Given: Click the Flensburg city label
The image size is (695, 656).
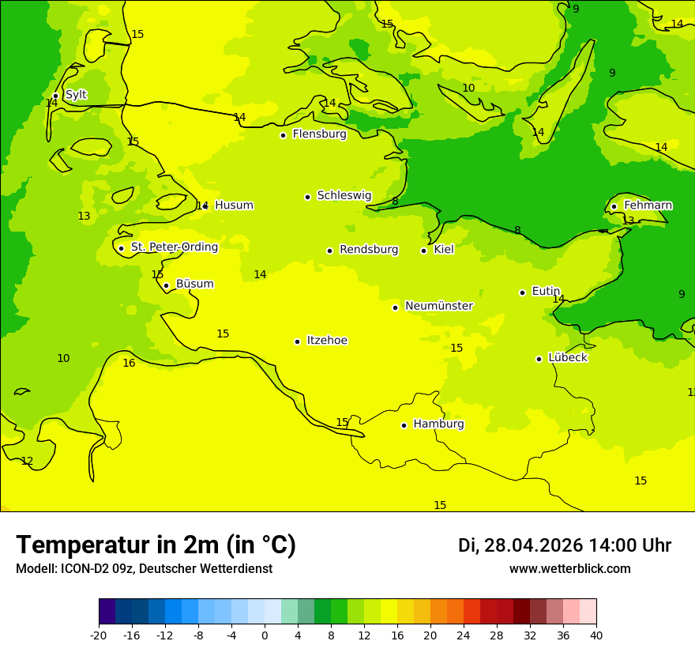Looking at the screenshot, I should (x=319, y=134).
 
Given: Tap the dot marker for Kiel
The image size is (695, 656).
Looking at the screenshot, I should (x=423, y=251).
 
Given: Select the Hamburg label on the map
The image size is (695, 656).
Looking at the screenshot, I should (x=438, y=424).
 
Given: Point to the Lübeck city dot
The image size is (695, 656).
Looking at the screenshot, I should (x=539, y=359).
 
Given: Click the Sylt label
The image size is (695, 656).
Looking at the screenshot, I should (x=76, y=95).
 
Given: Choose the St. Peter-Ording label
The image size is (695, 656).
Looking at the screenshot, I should (x=174, y=247).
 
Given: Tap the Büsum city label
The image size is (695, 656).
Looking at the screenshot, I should (x=194, y=285).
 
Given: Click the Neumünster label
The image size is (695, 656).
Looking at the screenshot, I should (x=438, y=307).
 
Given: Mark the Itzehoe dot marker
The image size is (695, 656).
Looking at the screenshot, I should (x=297, y=341).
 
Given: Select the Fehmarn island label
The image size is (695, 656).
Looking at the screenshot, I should (x=648, y=205).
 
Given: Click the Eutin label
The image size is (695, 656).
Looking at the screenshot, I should (x=546, y=292).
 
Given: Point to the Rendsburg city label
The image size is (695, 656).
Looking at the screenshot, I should (x=369, y=250).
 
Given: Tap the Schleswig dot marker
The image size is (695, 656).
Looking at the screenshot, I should (x=307, y=197).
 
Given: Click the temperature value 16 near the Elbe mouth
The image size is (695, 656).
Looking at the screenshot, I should (x=129, y=364).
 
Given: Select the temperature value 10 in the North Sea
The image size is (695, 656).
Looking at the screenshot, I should (x=63, y=359).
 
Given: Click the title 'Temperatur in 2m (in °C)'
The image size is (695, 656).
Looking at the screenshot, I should (x=156, y=545).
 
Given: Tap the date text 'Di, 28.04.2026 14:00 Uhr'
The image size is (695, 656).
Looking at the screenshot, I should (x=564, y=545).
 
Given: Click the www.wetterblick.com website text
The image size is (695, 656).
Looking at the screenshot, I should (x=569, y=569).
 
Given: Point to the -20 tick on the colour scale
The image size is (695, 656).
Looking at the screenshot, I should (x=99, y=635).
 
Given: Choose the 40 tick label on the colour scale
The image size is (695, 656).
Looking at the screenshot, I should (x=596, y=635).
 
